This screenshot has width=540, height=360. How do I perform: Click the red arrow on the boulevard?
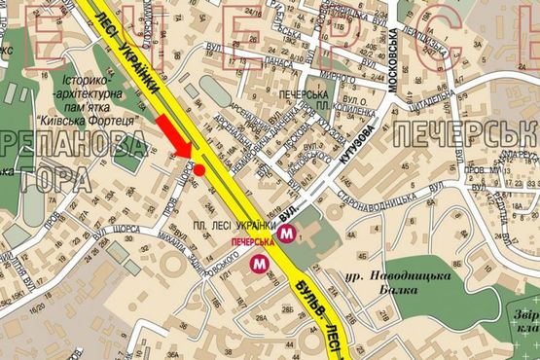pos(174,133)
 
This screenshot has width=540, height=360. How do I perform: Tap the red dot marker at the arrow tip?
pos(198,170)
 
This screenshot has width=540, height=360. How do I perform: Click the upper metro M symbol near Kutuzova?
pos(286,234)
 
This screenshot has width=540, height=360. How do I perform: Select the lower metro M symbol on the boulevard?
pos(259,263)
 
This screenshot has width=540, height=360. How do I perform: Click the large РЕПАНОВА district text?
pos(72,147)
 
